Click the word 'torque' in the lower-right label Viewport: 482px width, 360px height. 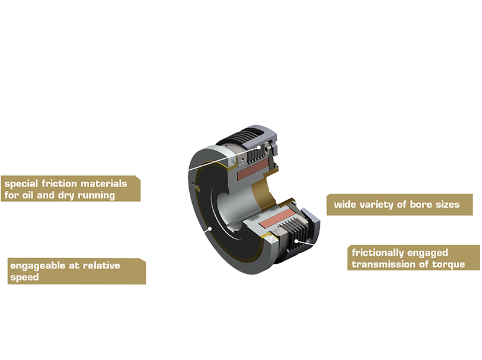point(446,264)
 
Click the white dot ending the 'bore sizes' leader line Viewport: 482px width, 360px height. point(271,191)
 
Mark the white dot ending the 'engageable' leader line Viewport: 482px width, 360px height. point(210,229)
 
